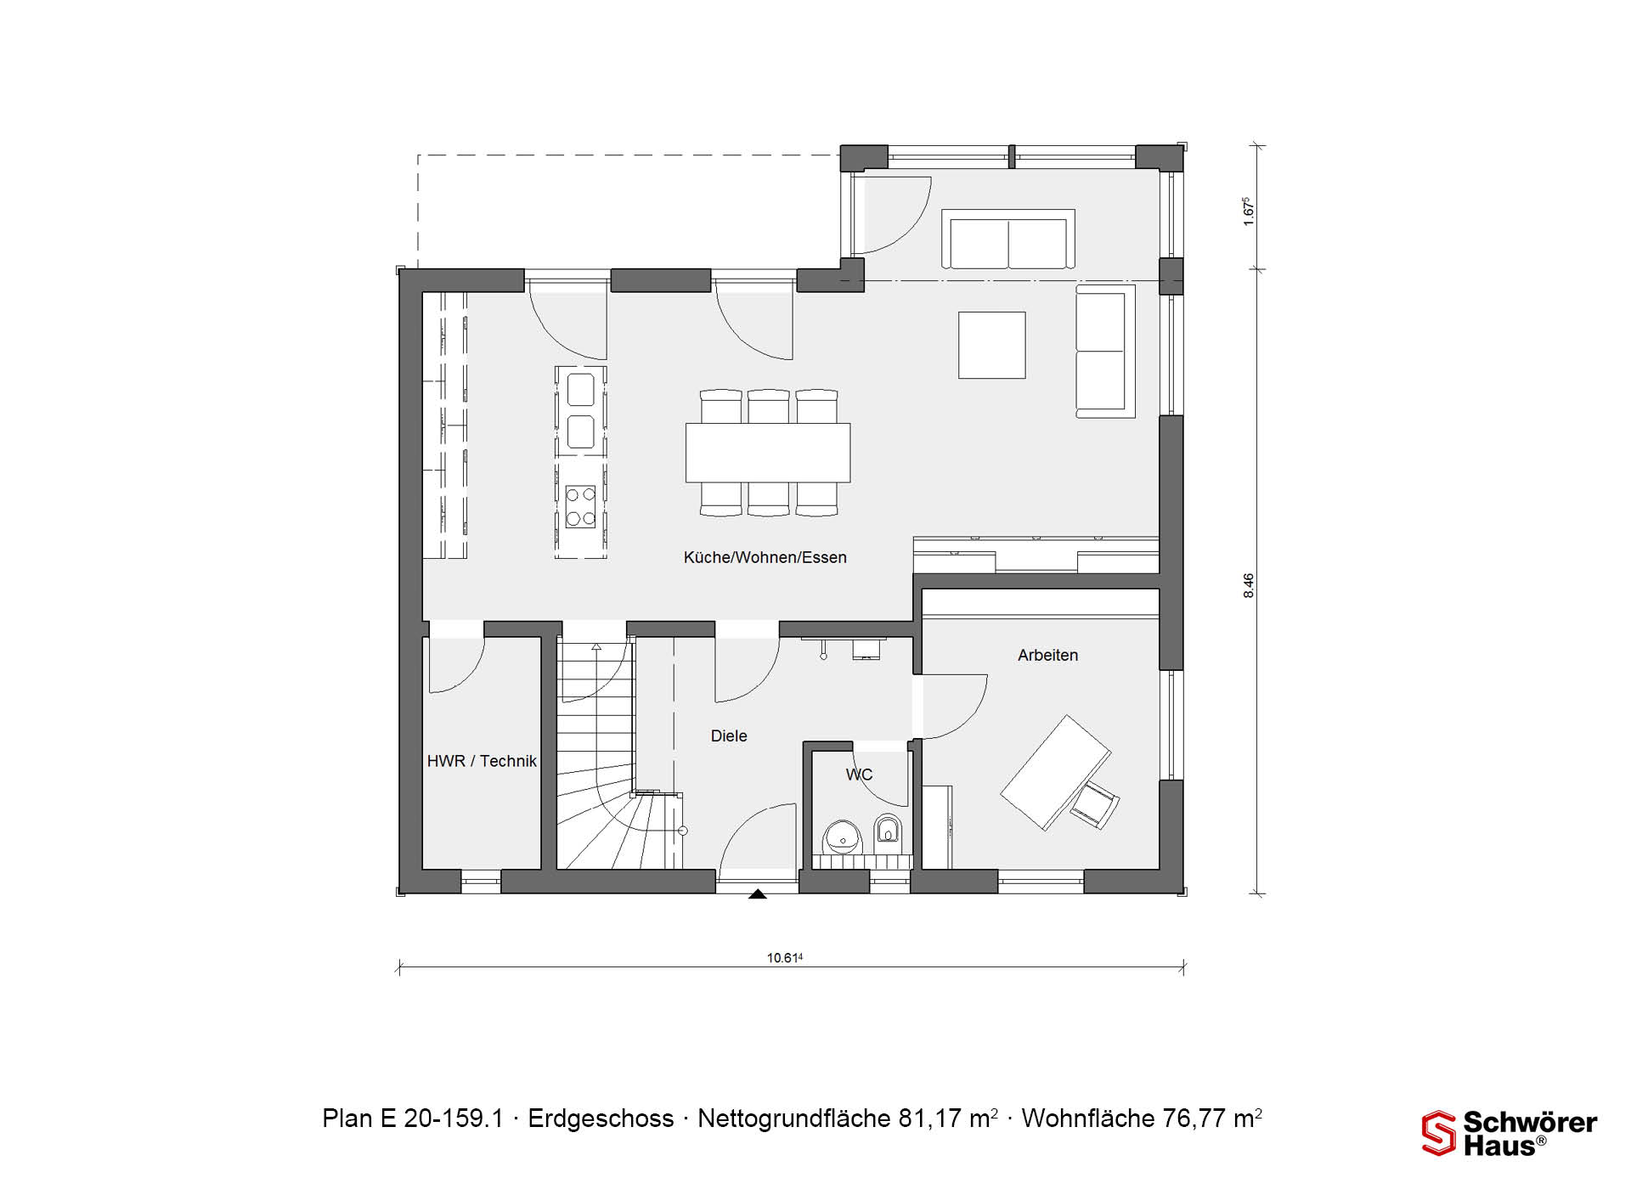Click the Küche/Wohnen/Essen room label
tap(765, 558)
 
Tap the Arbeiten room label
tap(1047, 655)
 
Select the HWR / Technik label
tap(482, 761)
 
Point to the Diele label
tap(729, 735)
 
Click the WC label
tap(859, 775)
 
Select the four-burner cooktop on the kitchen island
tap(581, 506)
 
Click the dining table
tap(768, 452)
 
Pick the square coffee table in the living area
tap(992, 345)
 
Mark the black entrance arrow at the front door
tap(757, 893)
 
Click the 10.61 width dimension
tap(785, 958)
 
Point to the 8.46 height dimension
tap(1248, 585)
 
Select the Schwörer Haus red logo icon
tap(1438, 1133)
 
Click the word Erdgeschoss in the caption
tap(601, 1119)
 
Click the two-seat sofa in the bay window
tap(1008, 239)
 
